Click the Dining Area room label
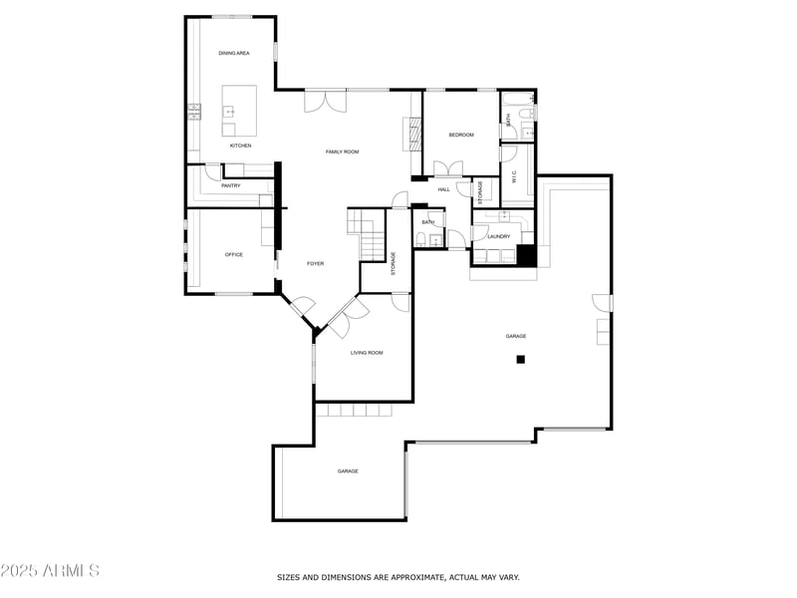tap(234, 53)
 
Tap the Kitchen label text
tap(241, 146)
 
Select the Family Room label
tap(342, 151)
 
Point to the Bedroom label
tap(460, 135)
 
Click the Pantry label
tap(231, 185)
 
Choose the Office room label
tap(234, 254)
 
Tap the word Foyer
tap(315, 263)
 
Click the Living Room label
tap(367, 353)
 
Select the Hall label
tap(443, 189)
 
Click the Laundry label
tap(499, 236)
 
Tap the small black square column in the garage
tap(520, 360)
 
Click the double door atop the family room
tap(326, 101)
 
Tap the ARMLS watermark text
tap(50, 571)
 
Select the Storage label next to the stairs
tap(393, 263)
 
